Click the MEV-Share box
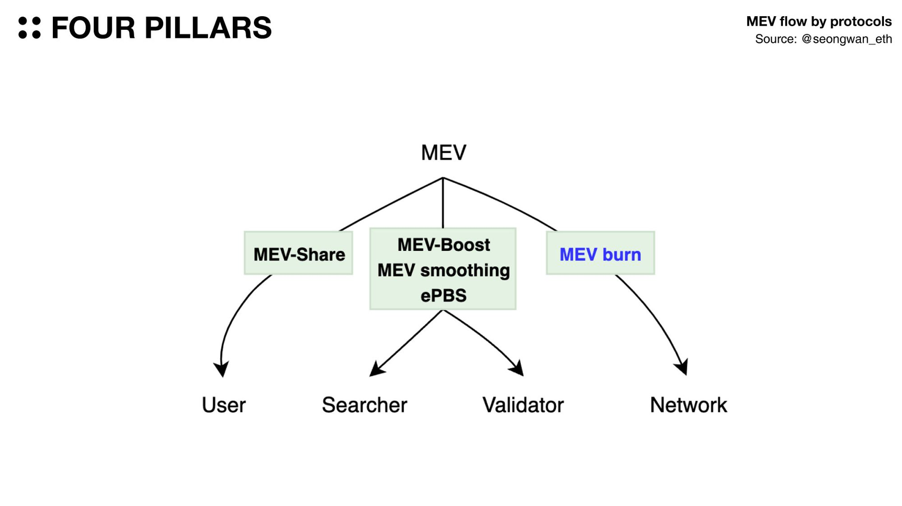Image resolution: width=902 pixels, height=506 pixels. tap(299, 254)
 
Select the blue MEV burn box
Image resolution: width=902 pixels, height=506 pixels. tap(600, 254)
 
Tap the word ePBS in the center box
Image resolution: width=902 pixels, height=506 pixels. tap(443, 296)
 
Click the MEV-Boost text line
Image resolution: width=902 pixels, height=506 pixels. tap(443, 245)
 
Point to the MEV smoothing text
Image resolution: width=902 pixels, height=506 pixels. tap(443, 270)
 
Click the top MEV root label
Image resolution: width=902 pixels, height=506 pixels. tap(443, 153)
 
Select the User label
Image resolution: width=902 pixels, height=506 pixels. tap(224, 405)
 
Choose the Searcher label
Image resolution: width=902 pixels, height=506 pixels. tap(364, 405)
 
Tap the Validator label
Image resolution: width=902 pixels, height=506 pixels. tap(523, 405)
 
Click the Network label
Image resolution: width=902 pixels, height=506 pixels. tap(688, 405)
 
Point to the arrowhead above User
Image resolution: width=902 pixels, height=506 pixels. tap(221, 368)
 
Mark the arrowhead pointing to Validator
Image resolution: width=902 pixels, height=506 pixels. tap(517, 368)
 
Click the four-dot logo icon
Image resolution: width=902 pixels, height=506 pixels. tap(29, 28)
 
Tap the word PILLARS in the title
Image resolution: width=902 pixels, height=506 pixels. tap(208, 28)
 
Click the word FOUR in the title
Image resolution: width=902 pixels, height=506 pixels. tap(93, 28)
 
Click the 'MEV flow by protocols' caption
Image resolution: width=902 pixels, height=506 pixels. tap(819, 21)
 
